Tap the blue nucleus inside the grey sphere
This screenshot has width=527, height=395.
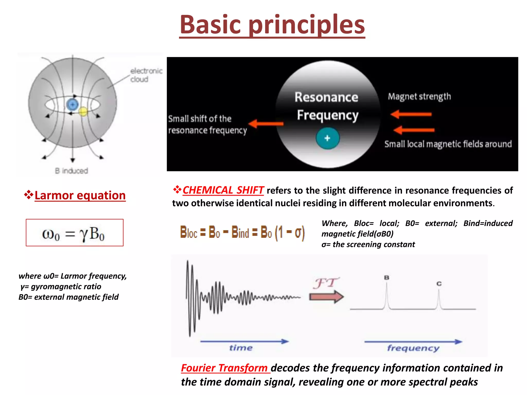tap(72, 105)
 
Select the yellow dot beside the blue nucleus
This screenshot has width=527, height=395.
tap(83, 112)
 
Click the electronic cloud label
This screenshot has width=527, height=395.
tap(146, 75)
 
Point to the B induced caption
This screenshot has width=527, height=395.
tap(71, 171)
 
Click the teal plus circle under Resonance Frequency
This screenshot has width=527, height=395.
tap(328, 138)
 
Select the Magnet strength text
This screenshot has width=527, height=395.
tap(419, 97)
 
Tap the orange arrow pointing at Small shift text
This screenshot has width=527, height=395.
tap(266, 124)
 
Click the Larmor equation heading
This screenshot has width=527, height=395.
tap(80, 195)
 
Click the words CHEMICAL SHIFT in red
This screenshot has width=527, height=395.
tap(223, 190)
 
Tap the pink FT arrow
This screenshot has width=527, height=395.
tap(326, 297)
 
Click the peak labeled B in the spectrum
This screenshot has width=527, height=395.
tap(387, 296)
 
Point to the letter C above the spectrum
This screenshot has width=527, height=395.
tap(439, 284)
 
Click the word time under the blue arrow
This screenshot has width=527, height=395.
tap(241, 348)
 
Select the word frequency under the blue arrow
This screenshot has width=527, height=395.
tap(413, 348)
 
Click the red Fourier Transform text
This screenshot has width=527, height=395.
tap(224, 368)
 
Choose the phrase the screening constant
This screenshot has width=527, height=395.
tap(374, 244)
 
